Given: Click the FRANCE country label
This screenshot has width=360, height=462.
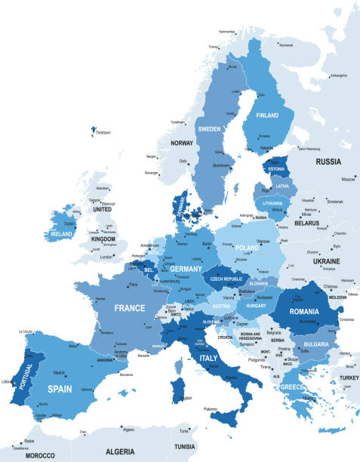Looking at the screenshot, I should click(x=129, y=308).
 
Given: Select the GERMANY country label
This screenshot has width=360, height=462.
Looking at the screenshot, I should click(x=186, y=269).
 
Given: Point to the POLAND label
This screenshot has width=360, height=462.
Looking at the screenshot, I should click(x=248, y=247).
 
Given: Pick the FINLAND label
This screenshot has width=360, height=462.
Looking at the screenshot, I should click(x=267, y=117).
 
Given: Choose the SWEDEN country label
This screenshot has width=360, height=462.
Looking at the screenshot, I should click(x=209, y=129).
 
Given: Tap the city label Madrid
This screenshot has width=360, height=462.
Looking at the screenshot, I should click(x=60, y=372).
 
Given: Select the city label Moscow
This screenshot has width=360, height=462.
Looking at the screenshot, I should click(x=348, y=180).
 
